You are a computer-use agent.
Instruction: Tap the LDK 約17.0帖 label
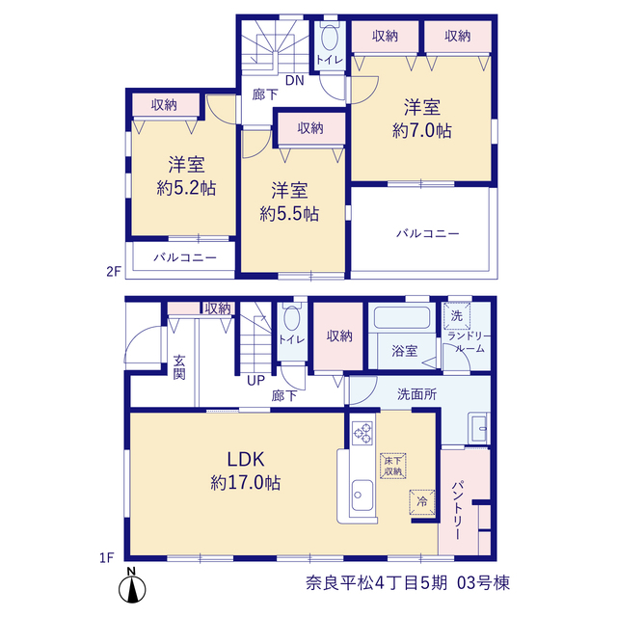(x=246, y=471)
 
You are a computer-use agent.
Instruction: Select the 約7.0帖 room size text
(x=422, y=131)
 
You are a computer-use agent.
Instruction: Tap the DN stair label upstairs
(x=295, y=81)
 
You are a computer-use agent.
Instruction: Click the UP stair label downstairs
(x=255, y=381)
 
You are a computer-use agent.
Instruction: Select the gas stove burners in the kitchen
(x=362, y=433)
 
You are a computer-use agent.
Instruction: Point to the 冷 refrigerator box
(x=422, y=501)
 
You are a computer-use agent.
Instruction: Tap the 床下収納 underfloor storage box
(x=392, y=466)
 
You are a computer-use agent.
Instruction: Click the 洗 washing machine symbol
(x=457, y=315)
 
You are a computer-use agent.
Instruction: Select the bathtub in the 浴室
(x=402, y=317)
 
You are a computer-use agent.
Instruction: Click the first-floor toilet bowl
(x=291, y=318)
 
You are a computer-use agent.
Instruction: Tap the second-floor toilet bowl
(x=330, y=38)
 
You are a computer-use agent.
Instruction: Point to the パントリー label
(x=459, y=510)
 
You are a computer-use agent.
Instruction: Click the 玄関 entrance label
(x=179, y=367)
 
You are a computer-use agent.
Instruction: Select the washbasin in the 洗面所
(x=478, y=428)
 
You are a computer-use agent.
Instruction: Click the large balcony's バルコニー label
(x=427, y=233)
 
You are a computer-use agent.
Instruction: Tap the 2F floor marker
(x=114, y=272)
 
